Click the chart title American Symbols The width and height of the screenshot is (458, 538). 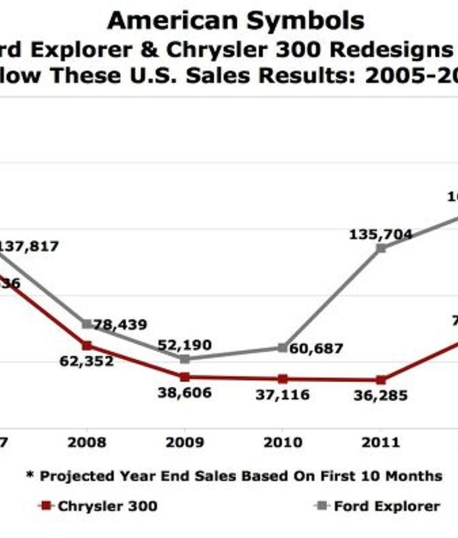click(235, 20)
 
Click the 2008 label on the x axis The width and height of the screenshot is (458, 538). click(87, 442)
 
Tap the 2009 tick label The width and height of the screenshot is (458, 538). click(185, 442)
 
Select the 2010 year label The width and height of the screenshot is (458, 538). click(282, 442)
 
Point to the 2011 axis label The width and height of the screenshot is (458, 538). click(380, 442)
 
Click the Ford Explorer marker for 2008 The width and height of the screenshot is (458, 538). click(87, 324)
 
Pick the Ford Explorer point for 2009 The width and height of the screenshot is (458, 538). click(185, 359)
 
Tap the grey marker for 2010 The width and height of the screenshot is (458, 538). click(282, 348)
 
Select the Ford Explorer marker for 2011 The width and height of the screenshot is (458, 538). click(380, 248)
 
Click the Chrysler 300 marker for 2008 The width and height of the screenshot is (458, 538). click(87, 345)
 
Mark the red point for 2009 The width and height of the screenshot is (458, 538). click(185, 377)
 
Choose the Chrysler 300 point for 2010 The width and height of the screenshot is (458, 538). click(282, 379)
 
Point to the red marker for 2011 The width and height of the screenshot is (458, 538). click(380, 380)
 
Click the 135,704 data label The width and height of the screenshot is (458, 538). click(380, 234)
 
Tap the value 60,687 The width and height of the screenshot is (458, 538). click(316, 349)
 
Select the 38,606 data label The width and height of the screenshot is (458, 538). click(184, 393)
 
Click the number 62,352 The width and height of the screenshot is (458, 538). click(87, 362)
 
